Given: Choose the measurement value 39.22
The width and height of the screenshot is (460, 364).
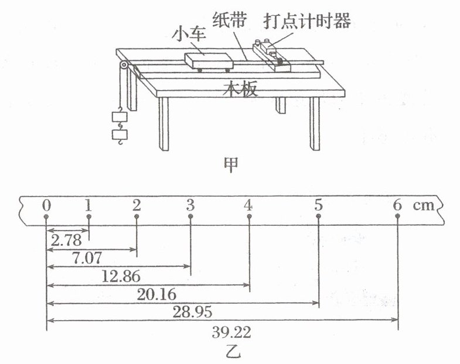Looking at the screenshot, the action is click(230, 333).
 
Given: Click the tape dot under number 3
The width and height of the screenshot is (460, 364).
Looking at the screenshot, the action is click(191, 217).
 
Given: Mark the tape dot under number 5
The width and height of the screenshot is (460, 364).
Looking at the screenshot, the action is click(318, 217).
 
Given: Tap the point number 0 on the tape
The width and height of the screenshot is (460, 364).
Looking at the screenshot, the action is click(46, 205).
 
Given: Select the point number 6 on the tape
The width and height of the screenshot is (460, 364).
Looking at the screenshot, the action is click(398, 205).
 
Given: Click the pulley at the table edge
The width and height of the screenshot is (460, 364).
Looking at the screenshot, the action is click(123, 66).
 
